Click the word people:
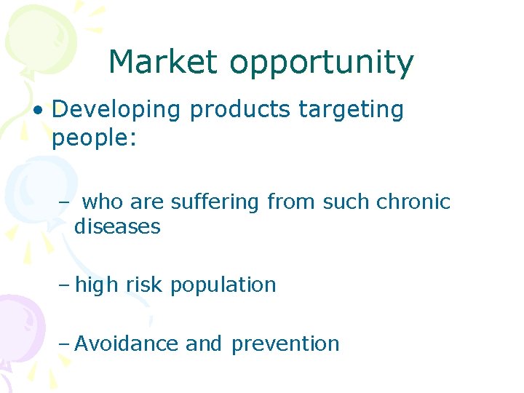click(94, 138)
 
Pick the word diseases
click(117, 226)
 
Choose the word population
click(223, 285)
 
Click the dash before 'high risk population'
click(64, 285)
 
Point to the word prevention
click(285, 344)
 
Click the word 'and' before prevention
click(204, 344)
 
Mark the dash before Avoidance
click(64, 344)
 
